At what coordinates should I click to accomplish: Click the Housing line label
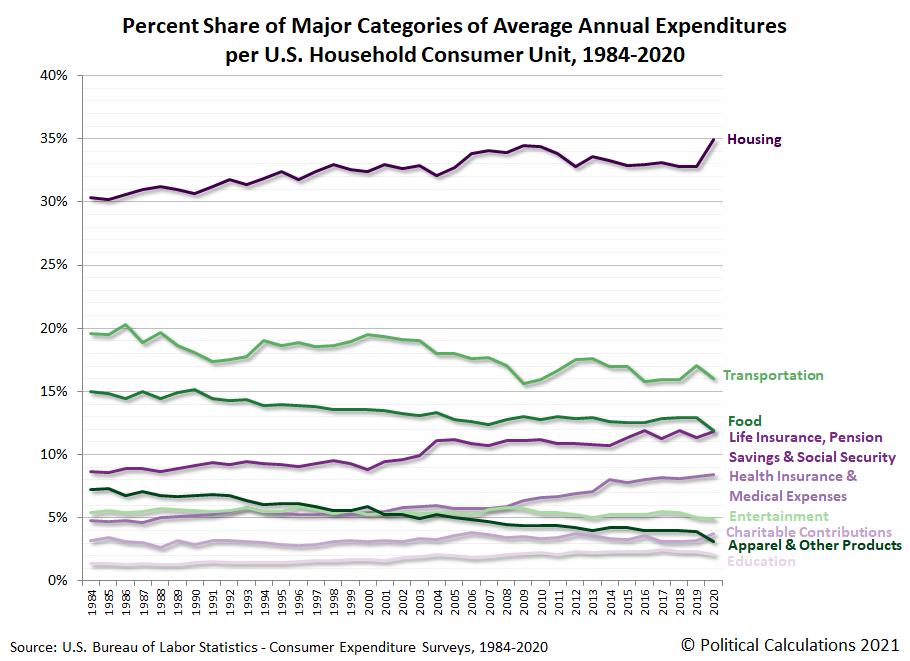pos(754,139)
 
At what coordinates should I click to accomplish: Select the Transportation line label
pos(773,375)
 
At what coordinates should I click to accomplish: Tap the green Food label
pos(744,421)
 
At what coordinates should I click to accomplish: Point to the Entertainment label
pos(778,516)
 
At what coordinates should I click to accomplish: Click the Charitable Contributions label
pos(808,532)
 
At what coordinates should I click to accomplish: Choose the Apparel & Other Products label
pos(814,546)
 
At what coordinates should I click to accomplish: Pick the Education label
pos(760,561)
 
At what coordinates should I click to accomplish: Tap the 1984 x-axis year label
pos(91,606)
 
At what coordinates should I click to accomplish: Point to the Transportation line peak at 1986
pos(125,325)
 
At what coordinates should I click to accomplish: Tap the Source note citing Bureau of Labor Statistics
pos(278,647)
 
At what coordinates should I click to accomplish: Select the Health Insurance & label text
pos(792,476)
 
